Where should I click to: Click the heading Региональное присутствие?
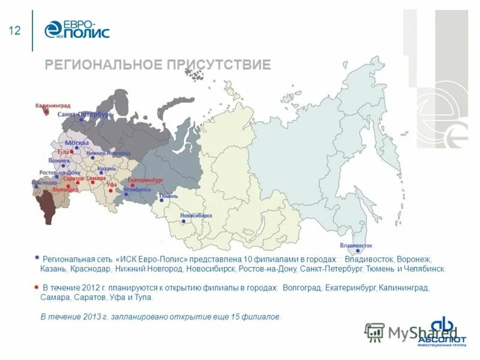158,65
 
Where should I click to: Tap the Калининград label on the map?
53,106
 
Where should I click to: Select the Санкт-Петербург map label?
85,113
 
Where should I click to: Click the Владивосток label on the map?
356,245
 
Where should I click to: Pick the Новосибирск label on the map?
196,215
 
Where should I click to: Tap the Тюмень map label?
169,196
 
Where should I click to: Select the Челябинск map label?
137,189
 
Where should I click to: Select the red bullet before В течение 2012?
37,286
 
